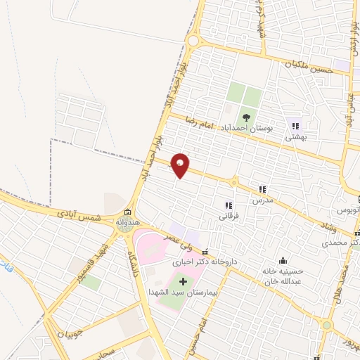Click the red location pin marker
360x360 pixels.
(180, 165)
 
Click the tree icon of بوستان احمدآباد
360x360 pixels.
(246, 117)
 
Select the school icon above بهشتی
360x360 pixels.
(295, 127)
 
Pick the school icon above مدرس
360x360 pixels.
(262, 189)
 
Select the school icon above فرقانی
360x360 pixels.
(228, 205)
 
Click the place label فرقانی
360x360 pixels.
(229, 217)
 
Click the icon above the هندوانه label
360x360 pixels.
(127, 212)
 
